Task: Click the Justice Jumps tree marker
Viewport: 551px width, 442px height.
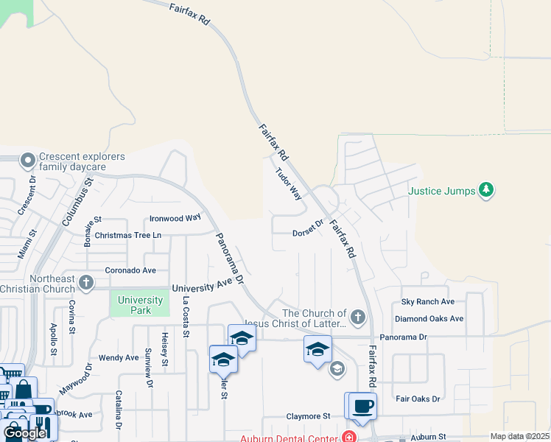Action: [485, 190]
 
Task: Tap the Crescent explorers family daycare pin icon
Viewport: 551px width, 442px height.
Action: [28, 160]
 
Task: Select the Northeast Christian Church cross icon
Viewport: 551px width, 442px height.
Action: [86, 282]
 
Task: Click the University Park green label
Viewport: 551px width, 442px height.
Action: [140, 305]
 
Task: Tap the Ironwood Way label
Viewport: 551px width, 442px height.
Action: [175, 218]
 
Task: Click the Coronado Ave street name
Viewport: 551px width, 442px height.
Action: [130, 270]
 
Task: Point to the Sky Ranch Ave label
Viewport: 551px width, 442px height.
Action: [428, 301]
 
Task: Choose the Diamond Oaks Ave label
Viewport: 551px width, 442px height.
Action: [429, 319]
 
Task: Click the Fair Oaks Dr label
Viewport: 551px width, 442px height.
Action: [417, 399]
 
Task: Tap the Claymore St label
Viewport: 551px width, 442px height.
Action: [308, 416]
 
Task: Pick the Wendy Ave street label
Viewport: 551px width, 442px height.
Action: [119, 358]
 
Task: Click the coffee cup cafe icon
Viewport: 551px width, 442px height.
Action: [362, 406]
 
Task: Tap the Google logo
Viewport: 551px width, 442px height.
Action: [24, 432]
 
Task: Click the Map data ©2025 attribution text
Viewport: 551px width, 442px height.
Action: [520, 436]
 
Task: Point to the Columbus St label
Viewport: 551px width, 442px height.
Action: [77, 201]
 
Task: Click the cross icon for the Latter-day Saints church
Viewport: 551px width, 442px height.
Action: [357, 318]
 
